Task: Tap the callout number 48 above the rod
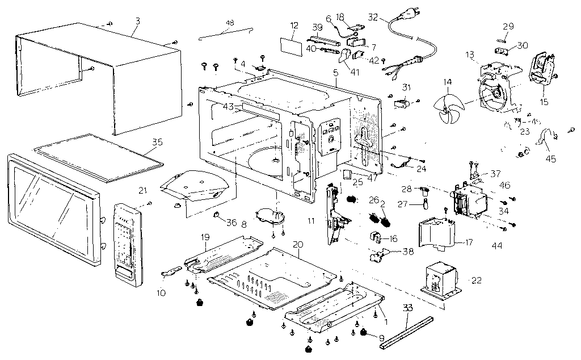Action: point(229,22)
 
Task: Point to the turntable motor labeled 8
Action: point(270,218)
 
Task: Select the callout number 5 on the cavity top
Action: point(335,73)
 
